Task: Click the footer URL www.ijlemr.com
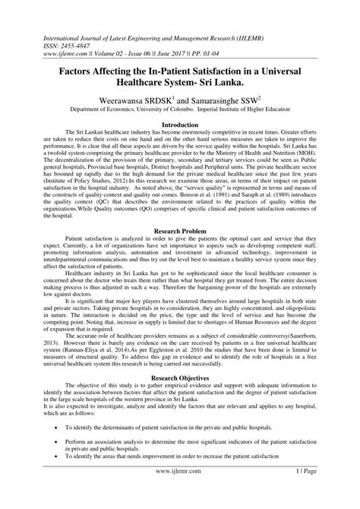tap(180, 501)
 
